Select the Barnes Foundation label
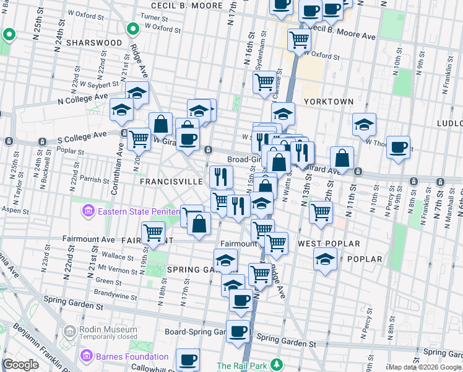coord(131,356)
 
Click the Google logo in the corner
coord(20,365)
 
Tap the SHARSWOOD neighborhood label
coord(94,43)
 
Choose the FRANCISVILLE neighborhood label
coord(171,182)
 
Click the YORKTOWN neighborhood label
coord(328,101)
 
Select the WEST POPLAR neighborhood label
coord(321,244)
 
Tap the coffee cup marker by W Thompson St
coord(399,147)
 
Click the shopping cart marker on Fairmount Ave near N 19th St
coord(153,233)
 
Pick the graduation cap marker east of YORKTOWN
coord(365,123)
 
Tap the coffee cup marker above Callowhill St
coord(188,360)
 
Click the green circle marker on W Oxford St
coord(132,29)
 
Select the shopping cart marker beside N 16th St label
coord(264,81)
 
